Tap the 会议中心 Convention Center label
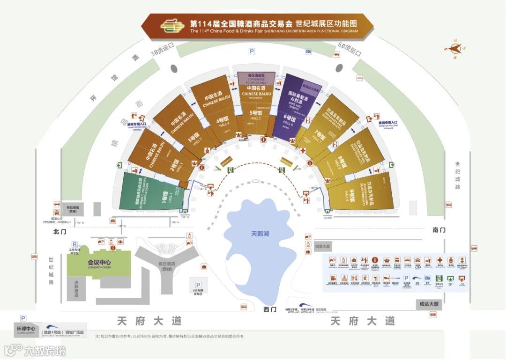[99, 263]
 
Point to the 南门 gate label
[439, 230]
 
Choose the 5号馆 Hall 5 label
[255, 114]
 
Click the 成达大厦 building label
[429, 304]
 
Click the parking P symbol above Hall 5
[252, 51]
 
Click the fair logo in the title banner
[171, 26]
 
